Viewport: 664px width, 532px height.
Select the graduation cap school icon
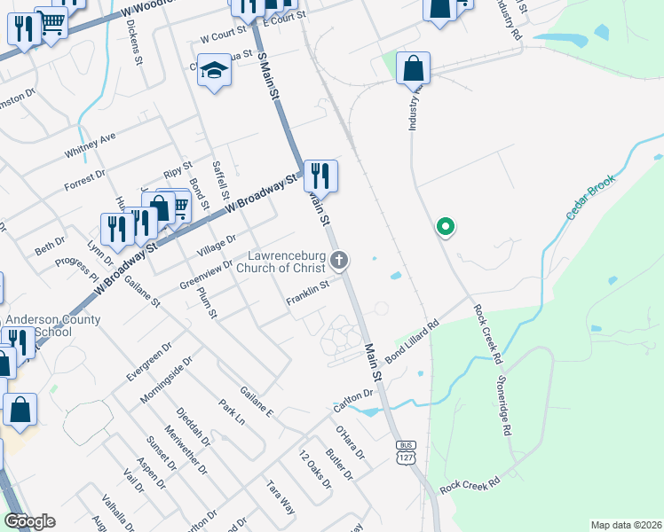(x=214, y=70)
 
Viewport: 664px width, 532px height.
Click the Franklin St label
(x=308, y=294)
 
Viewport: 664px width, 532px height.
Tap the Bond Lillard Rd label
(x=411, y=341)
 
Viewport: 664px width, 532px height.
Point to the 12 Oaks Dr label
(x=314, y=469)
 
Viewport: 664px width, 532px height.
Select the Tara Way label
(x=281, y=497)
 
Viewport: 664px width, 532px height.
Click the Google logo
(x=29, y=521)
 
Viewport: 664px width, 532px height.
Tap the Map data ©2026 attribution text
(x=626, y=525)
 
